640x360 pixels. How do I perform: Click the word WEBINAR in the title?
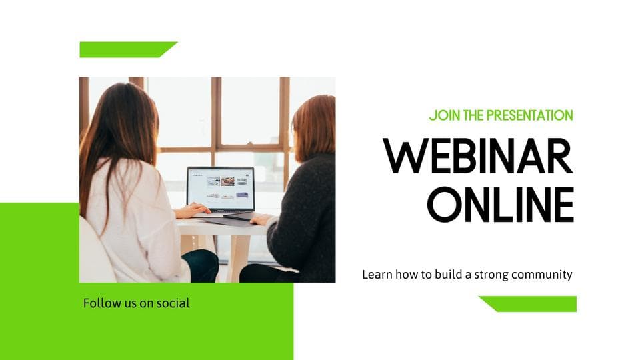click(478, 156)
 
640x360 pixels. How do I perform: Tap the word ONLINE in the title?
click(501, 205)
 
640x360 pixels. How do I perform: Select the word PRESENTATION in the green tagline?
click(531, 115)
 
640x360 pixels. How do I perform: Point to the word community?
click(541, 275)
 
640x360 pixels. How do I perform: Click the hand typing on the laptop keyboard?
click(192, 211)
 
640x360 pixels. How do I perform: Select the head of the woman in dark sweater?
click(314, 127)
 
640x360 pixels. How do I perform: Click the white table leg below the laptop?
click(239, 258)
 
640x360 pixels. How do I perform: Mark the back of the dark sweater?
click(305, 212)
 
